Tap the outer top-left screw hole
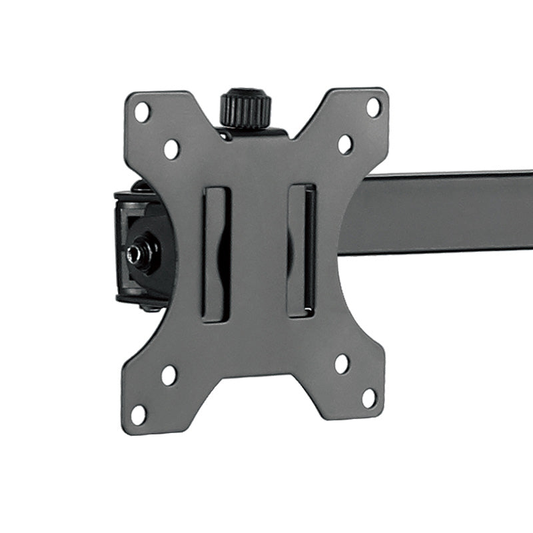click(142, 111)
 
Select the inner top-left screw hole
click(171, 149)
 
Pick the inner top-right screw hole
click(345, 144)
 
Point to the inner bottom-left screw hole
click(169, 375)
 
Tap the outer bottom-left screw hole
click(139, 414)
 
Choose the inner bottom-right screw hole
click(342, 364)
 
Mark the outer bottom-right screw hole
click(369, 398)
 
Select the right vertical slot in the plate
click(302, 251)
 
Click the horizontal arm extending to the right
click(440, 213)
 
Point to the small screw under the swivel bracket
click(150, 307)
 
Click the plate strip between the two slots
click(259, 253)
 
